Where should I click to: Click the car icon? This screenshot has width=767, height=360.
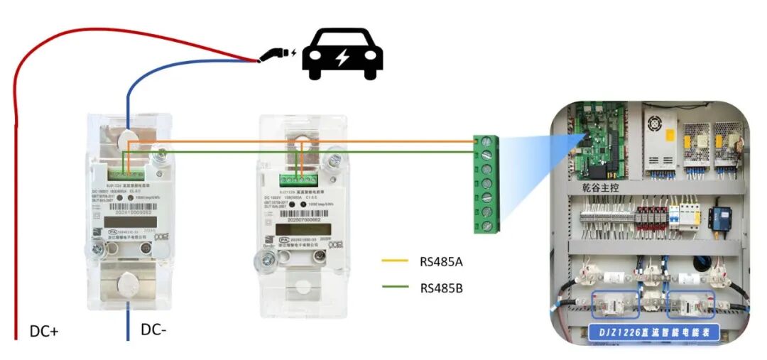[x=342, y=54]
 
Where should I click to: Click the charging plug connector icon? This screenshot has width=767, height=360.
[x=277, y=53]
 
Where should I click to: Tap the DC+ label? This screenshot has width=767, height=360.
[x=44, y=331]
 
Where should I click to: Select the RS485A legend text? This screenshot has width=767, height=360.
[x=441, y=261]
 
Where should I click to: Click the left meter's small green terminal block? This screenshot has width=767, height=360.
[x=129, y=170]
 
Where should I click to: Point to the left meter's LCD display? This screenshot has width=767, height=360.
[x=129, y=223]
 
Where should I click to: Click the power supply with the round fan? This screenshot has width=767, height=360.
[x=661, y=138]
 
